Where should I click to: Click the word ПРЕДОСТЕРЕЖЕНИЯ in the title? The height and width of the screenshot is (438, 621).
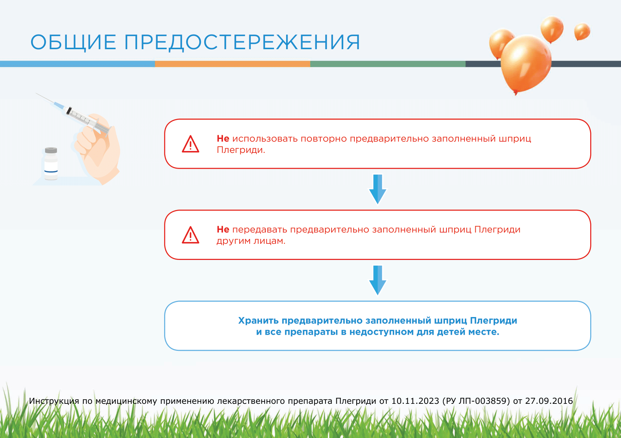point(242,42)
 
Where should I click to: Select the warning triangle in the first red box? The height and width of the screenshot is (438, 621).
point(190,144)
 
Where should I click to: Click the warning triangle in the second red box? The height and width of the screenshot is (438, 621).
point(190,235)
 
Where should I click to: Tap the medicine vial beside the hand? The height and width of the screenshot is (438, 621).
point(51,164)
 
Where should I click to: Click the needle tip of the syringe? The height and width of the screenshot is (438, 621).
point(36,94)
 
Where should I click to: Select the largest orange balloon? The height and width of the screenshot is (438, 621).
point(526,64)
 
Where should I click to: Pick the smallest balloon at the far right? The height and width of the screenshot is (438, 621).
point(582,32)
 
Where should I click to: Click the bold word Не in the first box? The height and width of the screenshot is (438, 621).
point(223,138)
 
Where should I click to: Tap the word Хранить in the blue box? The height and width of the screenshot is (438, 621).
point(258,320)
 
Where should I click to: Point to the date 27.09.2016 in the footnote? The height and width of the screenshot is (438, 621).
point(549,401)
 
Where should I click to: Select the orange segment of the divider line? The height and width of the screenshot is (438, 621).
point(233,64)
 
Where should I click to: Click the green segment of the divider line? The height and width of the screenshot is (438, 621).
point(388,64)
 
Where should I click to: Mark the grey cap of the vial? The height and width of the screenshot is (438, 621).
point(51,150)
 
